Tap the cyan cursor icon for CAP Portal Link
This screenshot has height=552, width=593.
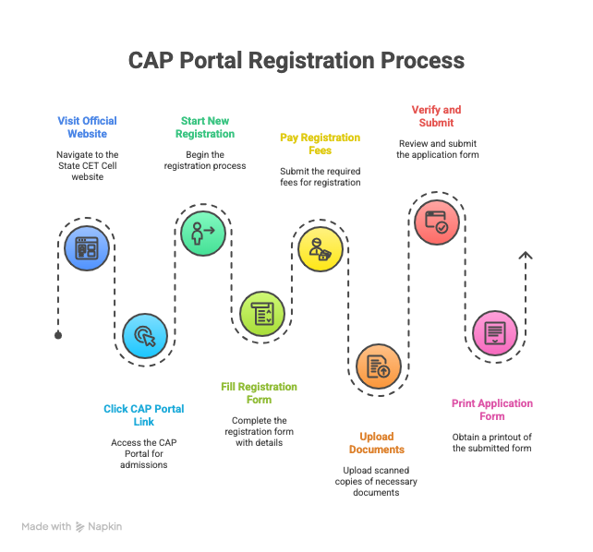146,336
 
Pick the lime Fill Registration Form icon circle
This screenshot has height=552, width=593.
262,313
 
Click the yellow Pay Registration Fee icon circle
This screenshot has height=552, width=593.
321,248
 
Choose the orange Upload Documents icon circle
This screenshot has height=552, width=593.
379,366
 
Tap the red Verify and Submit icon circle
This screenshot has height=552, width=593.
436,222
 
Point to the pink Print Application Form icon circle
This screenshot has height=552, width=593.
494,332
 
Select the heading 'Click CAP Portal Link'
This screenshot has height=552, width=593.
143,414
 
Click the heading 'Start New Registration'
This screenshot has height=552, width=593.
205,126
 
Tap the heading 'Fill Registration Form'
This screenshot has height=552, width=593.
259,392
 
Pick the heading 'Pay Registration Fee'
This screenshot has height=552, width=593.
320,143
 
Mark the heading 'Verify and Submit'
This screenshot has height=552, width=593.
435,115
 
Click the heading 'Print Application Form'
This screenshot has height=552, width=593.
492,409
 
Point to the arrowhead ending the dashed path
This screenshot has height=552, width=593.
525,256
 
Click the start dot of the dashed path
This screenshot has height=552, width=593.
58,335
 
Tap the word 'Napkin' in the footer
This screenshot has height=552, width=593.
105,526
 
